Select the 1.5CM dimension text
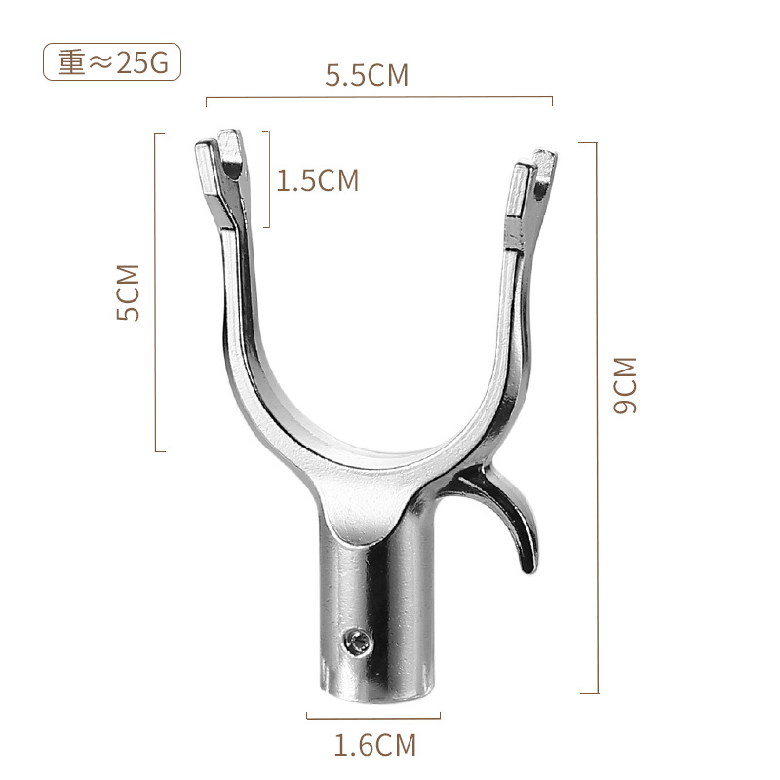[x=318, y=180]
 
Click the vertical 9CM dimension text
[x=625, y=385]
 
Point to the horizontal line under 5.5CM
[x=379, y=97]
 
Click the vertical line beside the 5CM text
[x=156, y=292]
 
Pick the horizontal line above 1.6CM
[x=374, y=717]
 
